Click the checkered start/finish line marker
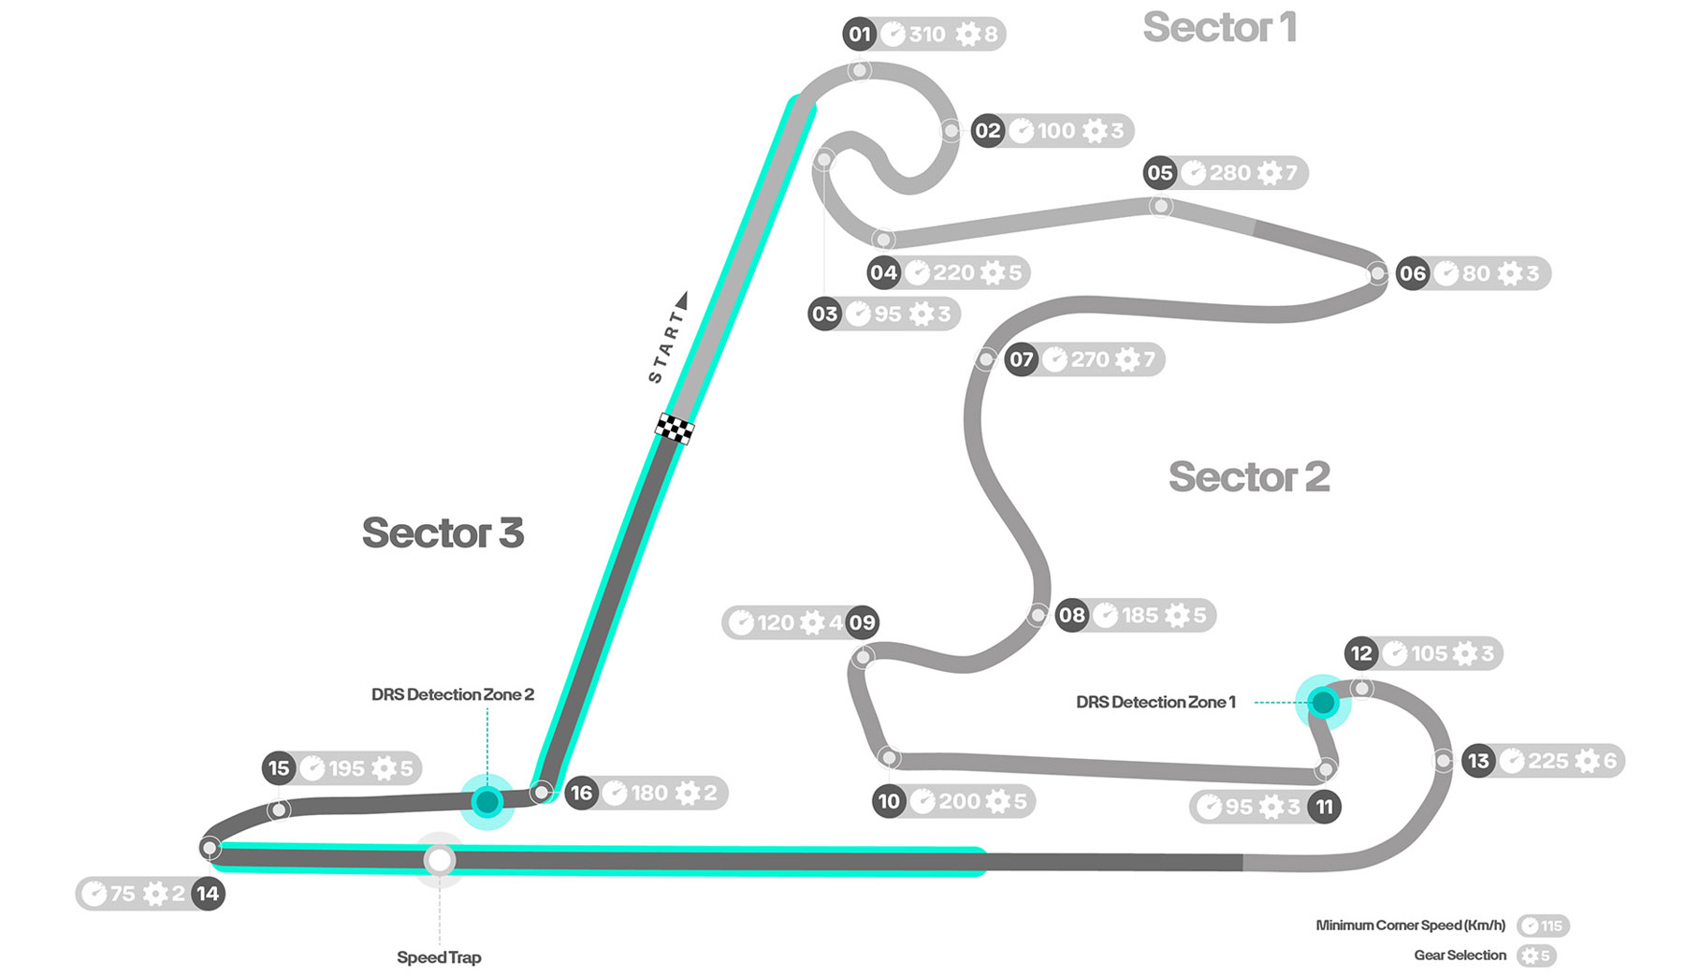tap(674, 429)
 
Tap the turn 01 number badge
tap(859, 35)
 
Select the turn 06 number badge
tap(1412, 273)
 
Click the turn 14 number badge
tap(208, 894)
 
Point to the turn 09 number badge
tap(862, 622)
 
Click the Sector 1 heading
tap(1219, 28)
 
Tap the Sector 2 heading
tap(1248, 477)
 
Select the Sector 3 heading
tap(443, 533)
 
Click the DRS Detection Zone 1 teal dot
tap(1323, 702)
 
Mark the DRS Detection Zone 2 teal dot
tap(487, 802)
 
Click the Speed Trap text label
tap(439, 957)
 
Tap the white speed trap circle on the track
tap(439, 859)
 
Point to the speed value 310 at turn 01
tap(927, 35)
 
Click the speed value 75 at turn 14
tap(123, 894)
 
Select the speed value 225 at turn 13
tap(1547, 761)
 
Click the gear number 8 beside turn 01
tap(990, 35)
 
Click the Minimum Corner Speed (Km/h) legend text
tap(1410, 926)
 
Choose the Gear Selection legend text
tap(1460, 955)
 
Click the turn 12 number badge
tap(1361, 653)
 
